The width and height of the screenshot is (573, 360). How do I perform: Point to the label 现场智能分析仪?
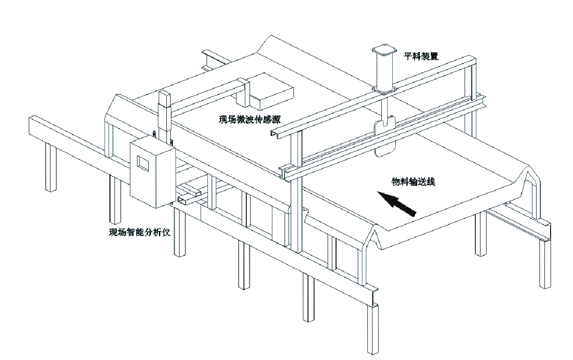139,232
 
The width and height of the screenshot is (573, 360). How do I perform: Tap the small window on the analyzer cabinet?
142,162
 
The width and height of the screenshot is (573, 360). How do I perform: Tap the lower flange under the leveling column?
383,89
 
